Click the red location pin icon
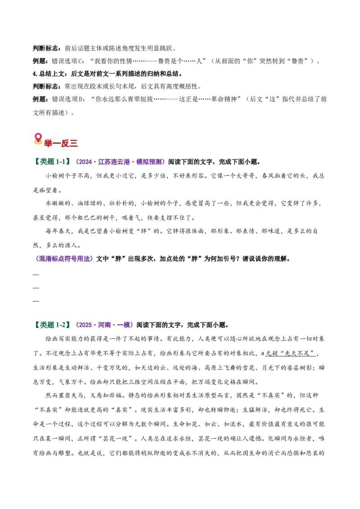point(38,138)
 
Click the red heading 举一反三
point(61,143)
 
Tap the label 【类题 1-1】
point(52,162)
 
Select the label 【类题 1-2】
point(52,325)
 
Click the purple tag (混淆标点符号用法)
point(64,259)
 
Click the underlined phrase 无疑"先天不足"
point(290,353)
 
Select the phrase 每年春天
point(58,231)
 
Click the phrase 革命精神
point(224,99)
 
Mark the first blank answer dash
point(36,275)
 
